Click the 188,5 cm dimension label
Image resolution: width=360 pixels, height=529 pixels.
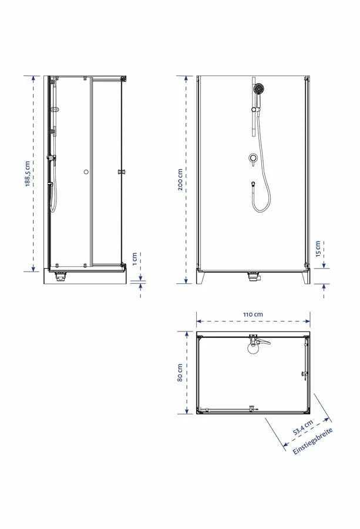click(28, 173)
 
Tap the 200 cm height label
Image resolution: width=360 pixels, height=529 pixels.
click(180, 180)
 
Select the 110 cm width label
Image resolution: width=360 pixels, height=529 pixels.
click(253, 314)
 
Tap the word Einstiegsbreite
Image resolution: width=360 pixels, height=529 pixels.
click(313, 441)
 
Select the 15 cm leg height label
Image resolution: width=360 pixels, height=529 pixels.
click(318, 249)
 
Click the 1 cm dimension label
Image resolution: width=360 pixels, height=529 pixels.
click(134, 257)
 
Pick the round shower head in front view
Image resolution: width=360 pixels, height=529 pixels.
click(258, 89)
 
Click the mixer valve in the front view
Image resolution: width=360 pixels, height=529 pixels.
click(253, 159)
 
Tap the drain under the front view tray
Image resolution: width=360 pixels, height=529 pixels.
click(253, 275)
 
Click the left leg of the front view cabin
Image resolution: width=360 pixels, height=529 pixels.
click(201, 277)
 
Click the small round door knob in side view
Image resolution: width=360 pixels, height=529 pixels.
click(86, 172)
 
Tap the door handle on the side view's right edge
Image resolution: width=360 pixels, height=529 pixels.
click(122, 172)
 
